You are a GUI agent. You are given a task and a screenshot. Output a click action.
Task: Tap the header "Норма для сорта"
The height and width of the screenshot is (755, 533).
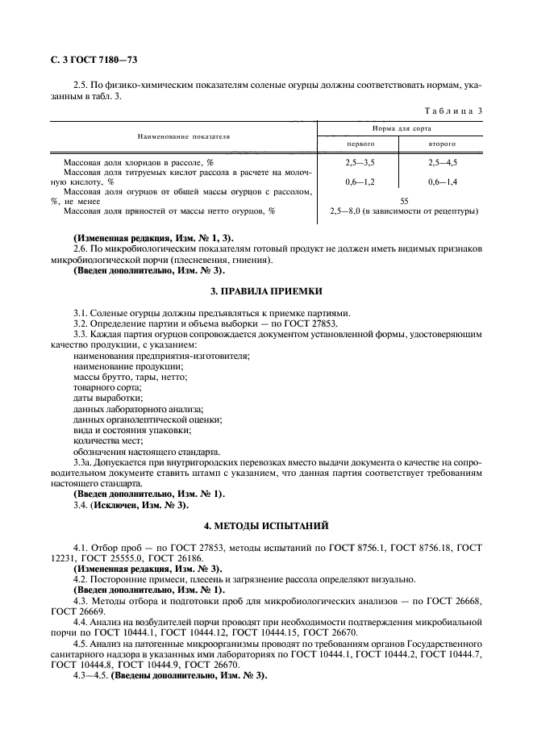pos(402,128)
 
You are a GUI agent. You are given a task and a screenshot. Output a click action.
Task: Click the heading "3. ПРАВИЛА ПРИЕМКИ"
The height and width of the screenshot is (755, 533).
pos(266,290)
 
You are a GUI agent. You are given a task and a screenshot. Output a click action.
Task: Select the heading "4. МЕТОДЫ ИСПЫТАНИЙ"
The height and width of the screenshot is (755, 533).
pos(266,526)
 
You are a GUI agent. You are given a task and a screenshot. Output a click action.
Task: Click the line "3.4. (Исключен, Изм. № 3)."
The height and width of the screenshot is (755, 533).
pos(131,505)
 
